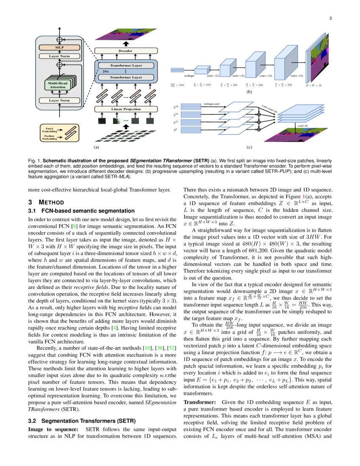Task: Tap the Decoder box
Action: tap(125, 51)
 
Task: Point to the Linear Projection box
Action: tap(125, 109)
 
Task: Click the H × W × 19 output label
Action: tap(313, 85)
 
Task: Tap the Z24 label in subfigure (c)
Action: tap(175, 107)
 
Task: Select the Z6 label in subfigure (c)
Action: tap(175, 130)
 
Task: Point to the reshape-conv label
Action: tap(211, 103)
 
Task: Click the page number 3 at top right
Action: tap(330, 18)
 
